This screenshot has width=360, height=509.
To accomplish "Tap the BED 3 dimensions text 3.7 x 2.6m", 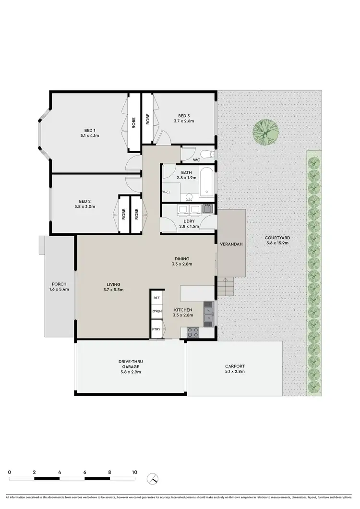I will pos(184,121).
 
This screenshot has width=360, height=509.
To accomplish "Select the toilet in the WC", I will pos(206,154).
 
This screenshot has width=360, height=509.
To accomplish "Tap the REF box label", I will pos(156,298).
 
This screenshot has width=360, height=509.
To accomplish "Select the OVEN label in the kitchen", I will pos(157,311).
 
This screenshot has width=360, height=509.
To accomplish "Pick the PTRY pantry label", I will pos(156,329).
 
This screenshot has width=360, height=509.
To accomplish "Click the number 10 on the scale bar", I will pos(134,473).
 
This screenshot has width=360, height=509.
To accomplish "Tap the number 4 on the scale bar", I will pos(60,473).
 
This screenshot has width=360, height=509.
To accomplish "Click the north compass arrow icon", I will pos(154,478).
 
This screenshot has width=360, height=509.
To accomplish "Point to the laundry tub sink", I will pos(207,209).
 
